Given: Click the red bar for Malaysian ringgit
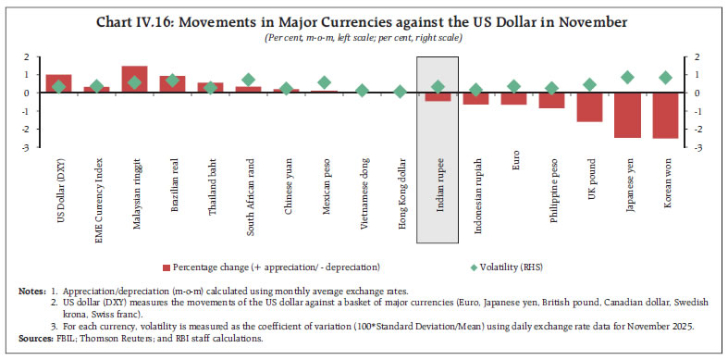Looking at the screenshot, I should tap(134, 80).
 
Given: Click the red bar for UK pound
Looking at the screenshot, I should tap(589, 107).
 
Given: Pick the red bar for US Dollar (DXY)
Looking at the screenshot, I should tap(58, 83).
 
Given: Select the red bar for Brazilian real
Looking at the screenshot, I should tap(172, 84).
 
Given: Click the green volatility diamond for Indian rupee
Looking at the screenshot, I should tap(438, 87).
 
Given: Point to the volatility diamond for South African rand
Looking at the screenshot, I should tap(248, 81).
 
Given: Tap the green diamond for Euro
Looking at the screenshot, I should tap(513, 87).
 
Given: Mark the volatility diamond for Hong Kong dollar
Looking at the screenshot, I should tap(400, 92).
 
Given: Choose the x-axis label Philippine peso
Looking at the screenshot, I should tap(552, 191).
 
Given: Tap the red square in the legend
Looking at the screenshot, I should tap(167, 267).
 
